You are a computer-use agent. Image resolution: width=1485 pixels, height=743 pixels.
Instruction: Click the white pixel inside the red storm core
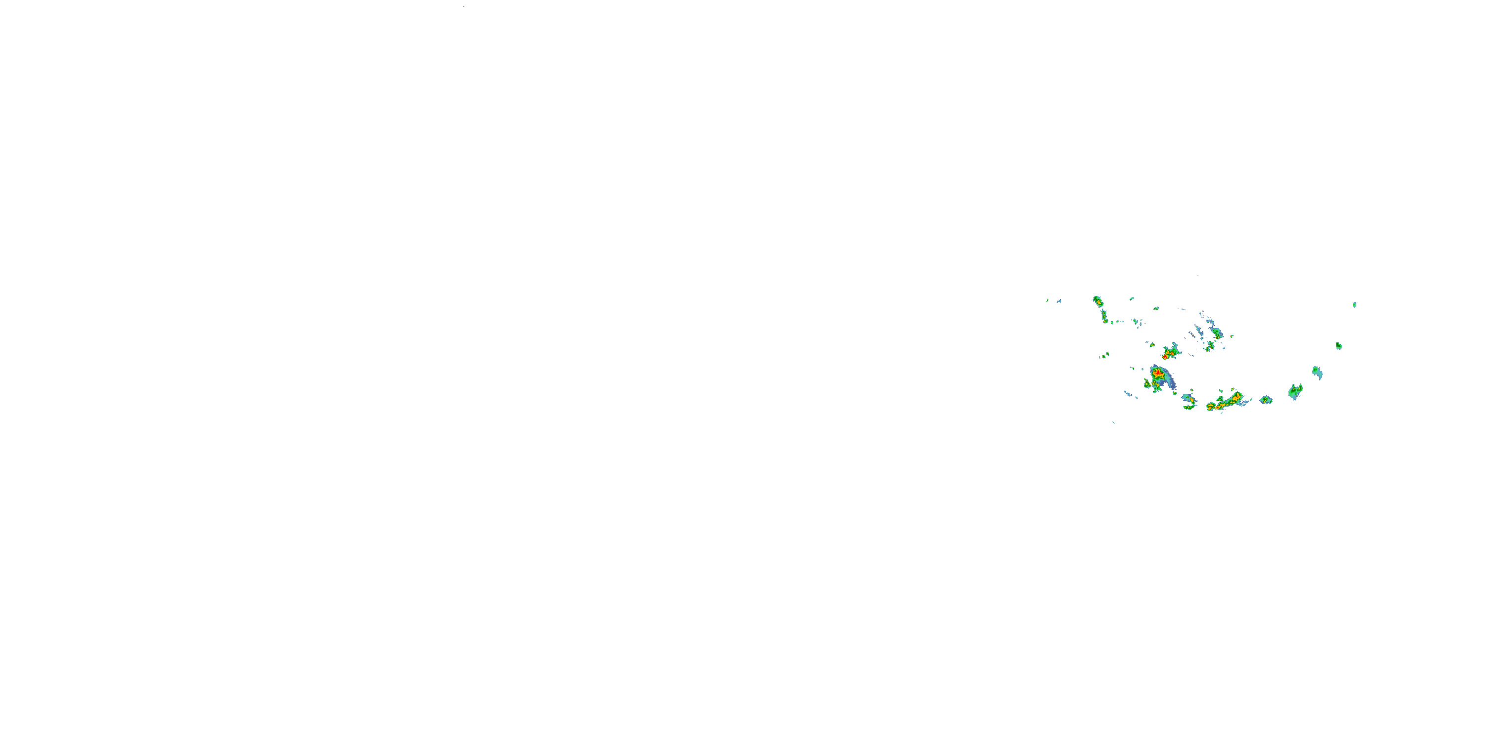[x=1165, y=357]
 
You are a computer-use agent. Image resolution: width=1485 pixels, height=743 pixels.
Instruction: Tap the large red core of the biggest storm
[x=1158, y=374]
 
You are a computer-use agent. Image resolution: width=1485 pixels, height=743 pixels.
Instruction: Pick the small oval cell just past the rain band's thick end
[x=1266, y=400]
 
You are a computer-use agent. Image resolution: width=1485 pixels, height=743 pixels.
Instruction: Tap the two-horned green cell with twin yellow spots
[x=1295, y=392]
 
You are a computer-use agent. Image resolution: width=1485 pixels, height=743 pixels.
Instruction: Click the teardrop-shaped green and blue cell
[x=1317, y=372]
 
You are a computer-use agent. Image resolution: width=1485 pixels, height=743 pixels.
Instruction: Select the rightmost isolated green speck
[x=1354, y=305]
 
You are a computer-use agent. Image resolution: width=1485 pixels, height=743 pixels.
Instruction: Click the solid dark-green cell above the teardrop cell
[x=1338, y=346]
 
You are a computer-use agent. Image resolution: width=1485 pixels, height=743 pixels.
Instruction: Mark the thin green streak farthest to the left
[x=1047, y=301]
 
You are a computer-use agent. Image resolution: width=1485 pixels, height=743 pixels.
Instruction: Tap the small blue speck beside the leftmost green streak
[x=1059, y=301]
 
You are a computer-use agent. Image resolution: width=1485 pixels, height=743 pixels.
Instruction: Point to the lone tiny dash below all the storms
[x=1113, y=423]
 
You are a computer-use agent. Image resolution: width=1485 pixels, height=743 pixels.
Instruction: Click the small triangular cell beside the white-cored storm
[x=1152, y=345]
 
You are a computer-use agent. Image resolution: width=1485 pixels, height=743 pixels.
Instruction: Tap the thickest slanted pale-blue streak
[x=1198, y=330]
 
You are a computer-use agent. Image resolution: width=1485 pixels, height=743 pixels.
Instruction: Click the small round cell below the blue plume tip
[x=1175, y=393]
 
